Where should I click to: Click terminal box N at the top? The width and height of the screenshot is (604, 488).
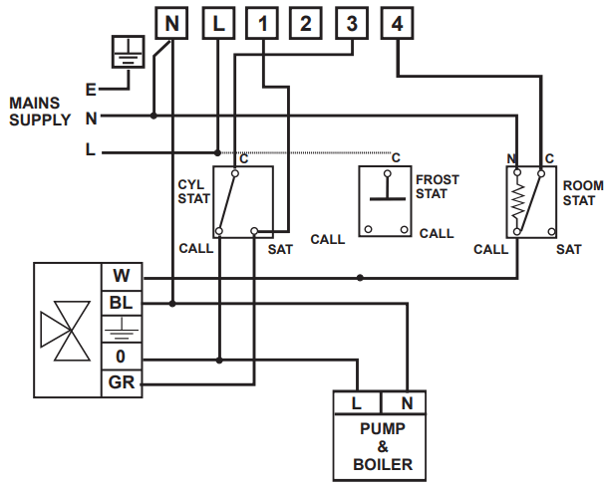point(170,24)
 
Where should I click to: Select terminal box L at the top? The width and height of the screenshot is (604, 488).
point(218,24)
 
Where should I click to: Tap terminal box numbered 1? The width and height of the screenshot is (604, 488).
point(262,24)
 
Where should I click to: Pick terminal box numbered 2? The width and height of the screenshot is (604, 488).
point(306,24)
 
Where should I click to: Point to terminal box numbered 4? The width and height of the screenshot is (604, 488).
point(398,24)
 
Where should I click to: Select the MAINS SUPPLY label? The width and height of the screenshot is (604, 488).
point(38,112)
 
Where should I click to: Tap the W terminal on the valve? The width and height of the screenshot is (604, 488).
point(122,276)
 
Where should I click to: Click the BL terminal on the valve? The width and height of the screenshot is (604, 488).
point(122,303)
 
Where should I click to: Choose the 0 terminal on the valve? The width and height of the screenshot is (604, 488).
point(122,357)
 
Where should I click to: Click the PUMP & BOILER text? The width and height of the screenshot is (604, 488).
point(382,447)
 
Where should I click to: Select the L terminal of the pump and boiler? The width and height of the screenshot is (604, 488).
point(357,403)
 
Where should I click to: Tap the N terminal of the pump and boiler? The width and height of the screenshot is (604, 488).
point(407,403)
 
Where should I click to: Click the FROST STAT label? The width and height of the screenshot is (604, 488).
point(437,186)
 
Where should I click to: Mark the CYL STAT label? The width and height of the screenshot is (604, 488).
point(193,191)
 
